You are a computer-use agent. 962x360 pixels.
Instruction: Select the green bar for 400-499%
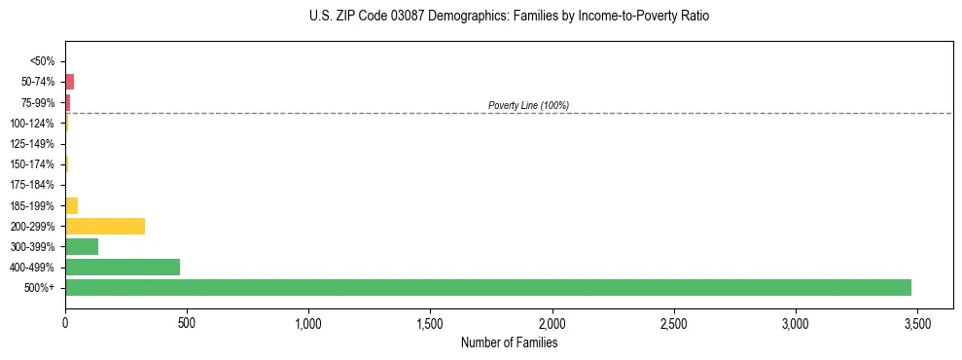coord(123,267)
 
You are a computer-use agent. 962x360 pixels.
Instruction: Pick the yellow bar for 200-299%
coord(105,226)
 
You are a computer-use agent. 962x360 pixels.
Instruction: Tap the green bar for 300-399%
coord(82,246)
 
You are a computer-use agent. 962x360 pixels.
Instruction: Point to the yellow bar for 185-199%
coord(71,205)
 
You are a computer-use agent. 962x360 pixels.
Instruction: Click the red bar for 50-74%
coord(69,82)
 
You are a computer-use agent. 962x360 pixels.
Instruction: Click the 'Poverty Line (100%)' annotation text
coord(528,105)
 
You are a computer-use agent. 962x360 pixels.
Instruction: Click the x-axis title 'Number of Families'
coord(509,342)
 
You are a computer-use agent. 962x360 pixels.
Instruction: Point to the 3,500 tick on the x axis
coord(917,322)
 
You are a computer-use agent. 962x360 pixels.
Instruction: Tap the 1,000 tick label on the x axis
coord(308,322)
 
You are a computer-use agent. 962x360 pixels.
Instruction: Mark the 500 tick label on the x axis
coord(187,322)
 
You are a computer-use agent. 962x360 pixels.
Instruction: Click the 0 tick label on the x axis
coord(65,322)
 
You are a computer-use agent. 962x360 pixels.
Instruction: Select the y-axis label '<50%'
coord(42,61)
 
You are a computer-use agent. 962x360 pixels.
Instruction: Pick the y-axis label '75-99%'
coord(38,102)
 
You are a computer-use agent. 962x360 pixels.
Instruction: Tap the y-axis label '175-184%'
coord(32,185)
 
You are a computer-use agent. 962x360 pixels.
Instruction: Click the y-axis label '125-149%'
coord(32,144)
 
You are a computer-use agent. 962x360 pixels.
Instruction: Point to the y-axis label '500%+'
coord(39,288)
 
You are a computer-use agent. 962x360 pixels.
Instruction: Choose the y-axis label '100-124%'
coord(32,123)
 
